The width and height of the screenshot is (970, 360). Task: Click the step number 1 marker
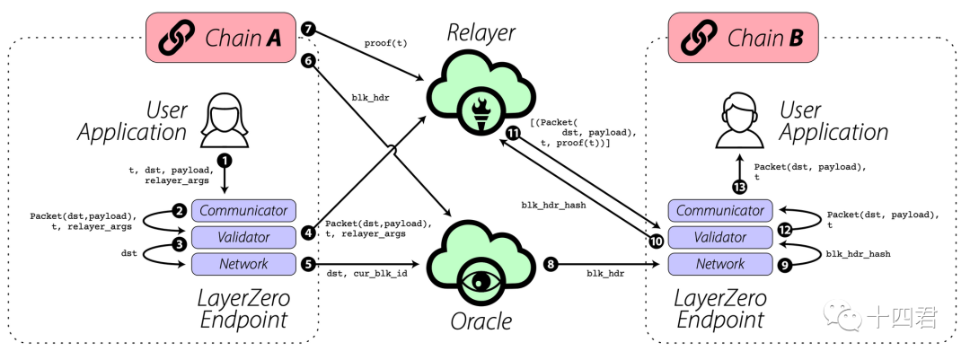(225, 161)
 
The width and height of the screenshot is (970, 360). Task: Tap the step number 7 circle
(309, 29)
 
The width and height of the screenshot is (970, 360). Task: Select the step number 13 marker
(738, 187)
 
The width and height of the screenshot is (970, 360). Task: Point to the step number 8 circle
(551, 264)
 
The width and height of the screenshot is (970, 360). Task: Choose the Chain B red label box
(745, 38)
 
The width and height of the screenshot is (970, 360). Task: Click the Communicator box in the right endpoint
(719, 211)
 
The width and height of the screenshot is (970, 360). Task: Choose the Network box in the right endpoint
(719, 264)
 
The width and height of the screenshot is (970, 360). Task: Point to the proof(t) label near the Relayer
(386, 42)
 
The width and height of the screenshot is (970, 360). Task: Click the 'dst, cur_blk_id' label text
(366, 272)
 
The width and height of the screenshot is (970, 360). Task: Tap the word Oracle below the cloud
(481, 320)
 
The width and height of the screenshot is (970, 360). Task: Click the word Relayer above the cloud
(481, 33)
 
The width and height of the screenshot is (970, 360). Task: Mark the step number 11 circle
(513, 133)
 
